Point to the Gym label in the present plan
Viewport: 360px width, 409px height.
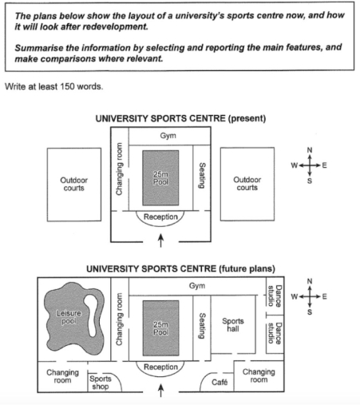click(x=168, y=136)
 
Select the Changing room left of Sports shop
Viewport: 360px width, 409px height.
click(x=61, y=375)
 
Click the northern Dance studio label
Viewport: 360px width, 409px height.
click(x=271, y=296)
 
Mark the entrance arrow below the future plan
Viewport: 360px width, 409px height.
click(x=162, y=391)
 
